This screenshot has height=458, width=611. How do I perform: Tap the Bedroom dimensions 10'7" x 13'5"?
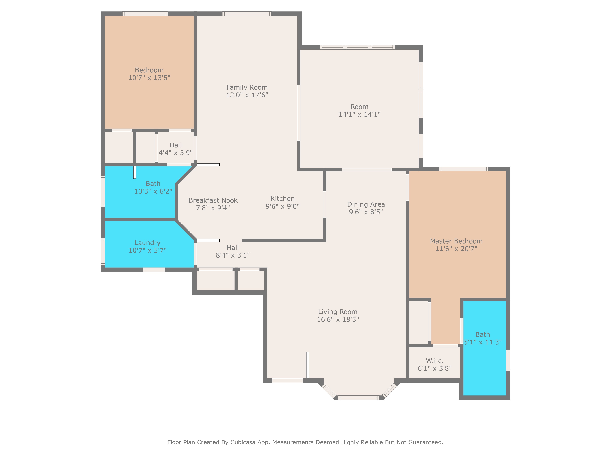point(149,78)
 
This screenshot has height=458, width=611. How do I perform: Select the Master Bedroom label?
point(456,241)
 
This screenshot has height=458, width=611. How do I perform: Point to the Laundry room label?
point(148,243)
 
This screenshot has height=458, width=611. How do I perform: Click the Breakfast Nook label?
point(213,200)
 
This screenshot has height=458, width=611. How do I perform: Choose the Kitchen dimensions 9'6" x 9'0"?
point(283,206)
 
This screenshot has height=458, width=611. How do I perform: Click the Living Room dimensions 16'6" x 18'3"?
point(338,319)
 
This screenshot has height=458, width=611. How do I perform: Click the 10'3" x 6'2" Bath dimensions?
point(153,191)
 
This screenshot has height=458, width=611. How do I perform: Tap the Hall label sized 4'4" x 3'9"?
point(176,145)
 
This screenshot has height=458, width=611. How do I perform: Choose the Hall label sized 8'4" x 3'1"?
point(233,248)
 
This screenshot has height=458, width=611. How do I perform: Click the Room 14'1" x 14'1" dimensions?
point(360,114)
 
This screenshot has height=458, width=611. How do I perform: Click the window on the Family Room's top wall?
point(247,14)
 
